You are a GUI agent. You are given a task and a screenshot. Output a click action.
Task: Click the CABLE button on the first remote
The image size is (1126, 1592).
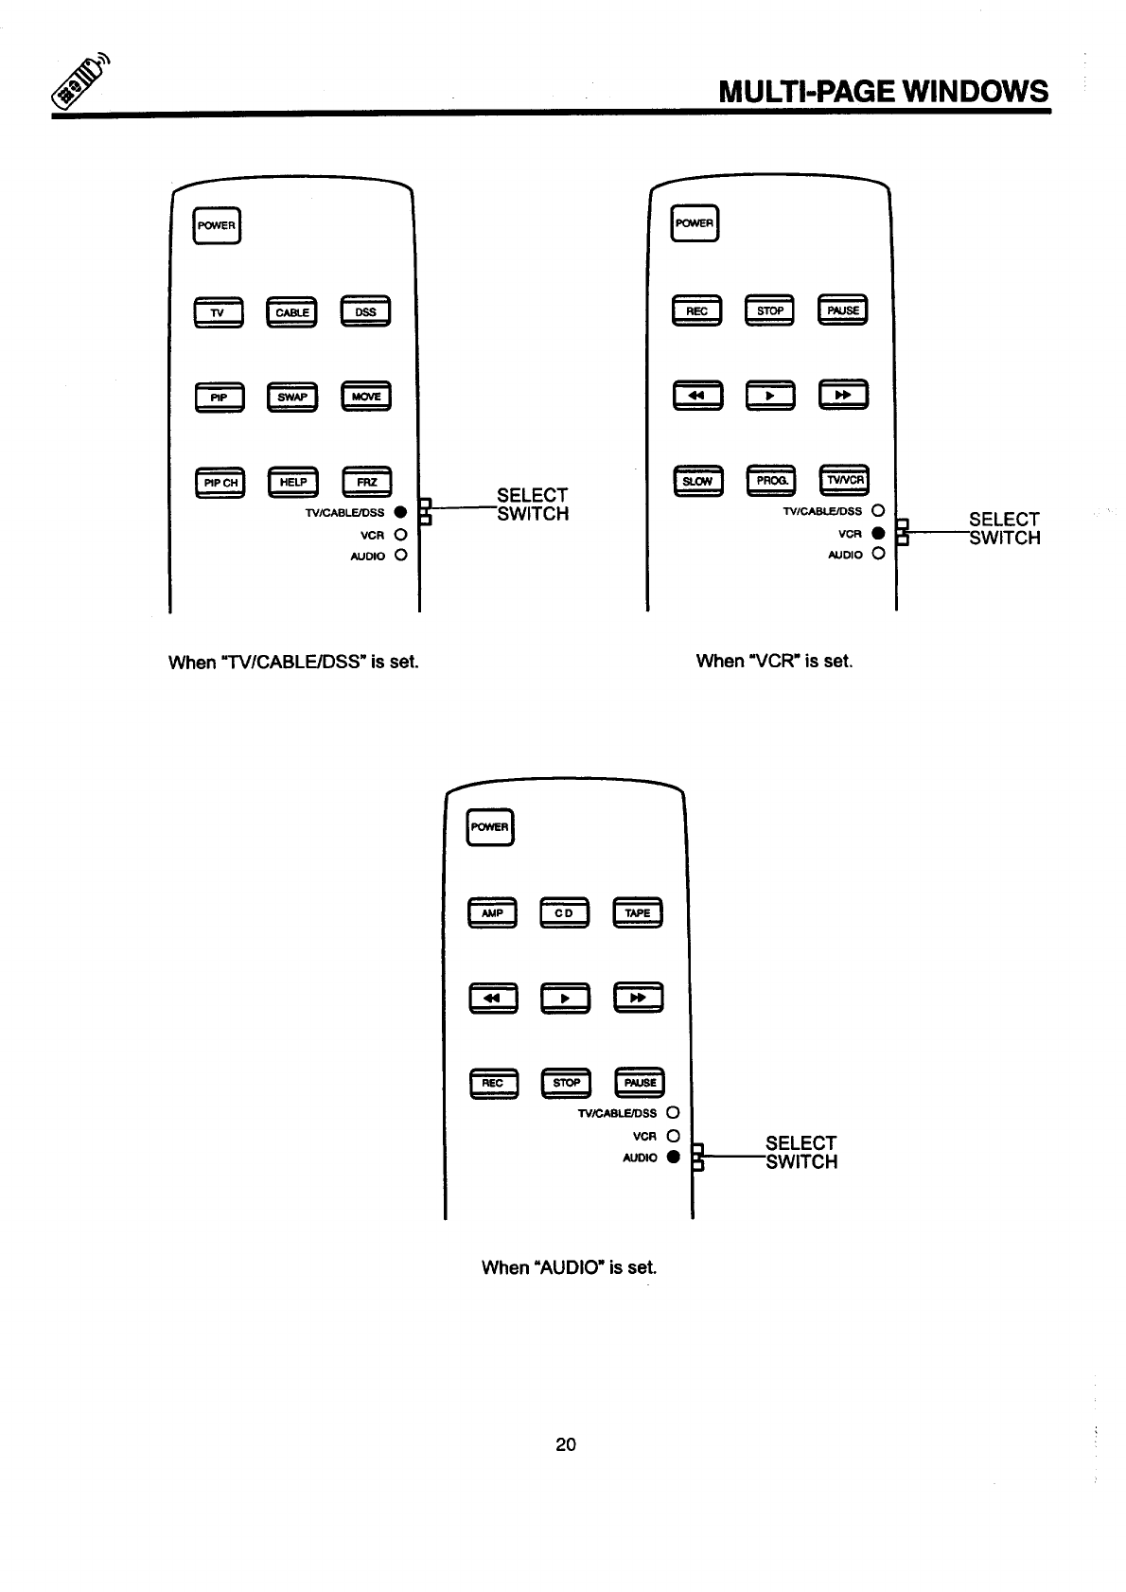pyautogui.click(x=292, y=312)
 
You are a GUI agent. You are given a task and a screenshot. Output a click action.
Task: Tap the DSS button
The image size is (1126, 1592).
pyautogui.click(x=365, y=312)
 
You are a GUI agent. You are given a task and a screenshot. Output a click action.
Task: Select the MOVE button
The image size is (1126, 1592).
pyautogui.click(x=366, y=397)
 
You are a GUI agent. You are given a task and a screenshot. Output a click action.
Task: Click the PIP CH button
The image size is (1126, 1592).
pyautogui.click(x=220, y=483)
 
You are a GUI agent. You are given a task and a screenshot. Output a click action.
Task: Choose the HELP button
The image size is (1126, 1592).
pyautogui.click(x=293, y=483)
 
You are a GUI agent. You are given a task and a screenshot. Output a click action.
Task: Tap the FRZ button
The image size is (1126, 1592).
pyautogui.click(x=366, y=483)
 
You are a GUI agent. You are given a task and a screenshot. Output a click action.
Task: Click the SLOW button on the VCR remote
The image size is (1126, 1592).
pyautogui.click(x=697, y=482)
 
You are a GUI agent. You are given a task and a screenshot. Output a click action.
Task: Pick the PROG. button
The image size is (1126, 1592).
pyautogui.click(x=771, y=482)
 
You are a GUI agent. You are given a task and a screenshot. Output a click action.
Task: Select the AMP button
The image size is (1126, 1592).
pyautogui.click(x=492, y=913)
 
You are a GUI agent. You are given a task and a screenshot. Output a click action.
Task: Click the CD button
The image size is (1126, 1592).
pyautogui.click(x=564, y=913)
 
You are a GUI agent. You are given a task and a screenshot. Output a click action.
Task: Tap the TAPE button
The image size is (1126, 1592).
pyautogui.click(x=638, y=913)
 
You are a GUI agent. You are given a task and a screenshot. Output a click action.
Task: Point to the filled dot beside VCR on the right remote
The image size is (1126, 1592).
pyautogui.click(x=877, y=533)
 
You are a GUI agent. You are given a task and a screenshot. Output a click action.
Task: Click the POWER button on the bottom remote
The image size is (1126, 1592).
pyautogui.click(x=490, y=827)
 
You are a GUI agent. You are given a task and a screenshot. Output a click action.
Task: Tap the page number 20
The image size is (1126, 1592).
pyautogui.click(x=566, y=1444)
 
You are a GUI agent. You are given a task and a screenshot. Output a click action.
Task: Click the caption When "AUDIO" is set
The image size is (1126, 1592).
pyautogui.click(x=569, y=1267)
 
